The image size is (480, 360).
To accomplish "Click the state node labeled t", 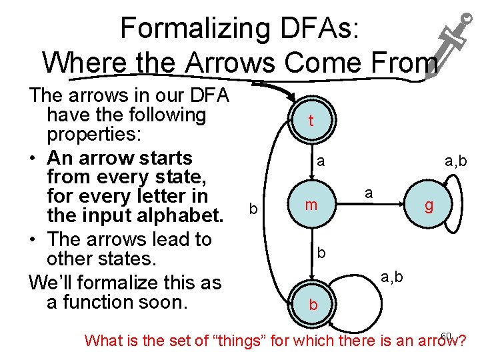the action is [x=311, y=121].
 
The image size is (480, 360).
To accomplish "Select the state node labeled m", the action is [x=311, y=205].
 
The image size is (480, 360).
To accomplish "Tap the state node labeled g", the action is [x=429, y=206].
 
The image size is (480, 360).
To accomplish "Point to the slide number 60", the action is [x=447, y=335].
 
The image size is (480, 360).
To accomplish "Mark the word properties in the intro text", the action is [x=94, y=135].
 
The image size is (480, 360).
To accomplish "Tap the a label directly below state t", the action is [x=321, y=161].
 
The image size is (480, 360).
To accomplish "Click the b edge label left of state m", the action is [x=253, y=209].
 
